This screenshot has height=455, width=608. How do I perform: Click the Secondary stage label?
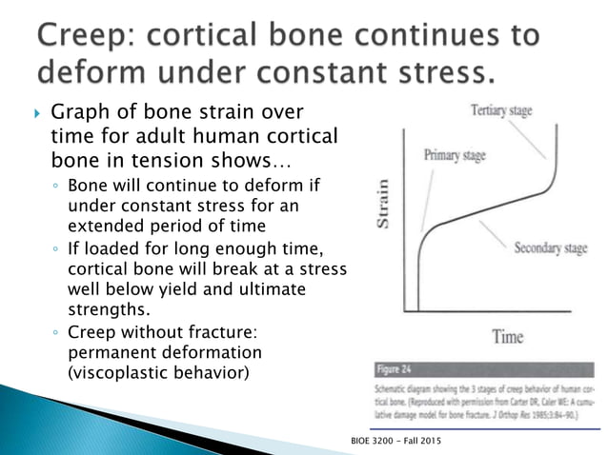click(x=550, y=249)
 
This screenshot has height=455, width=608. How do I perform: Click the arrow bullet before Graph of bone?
click(x=36, y=117)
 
